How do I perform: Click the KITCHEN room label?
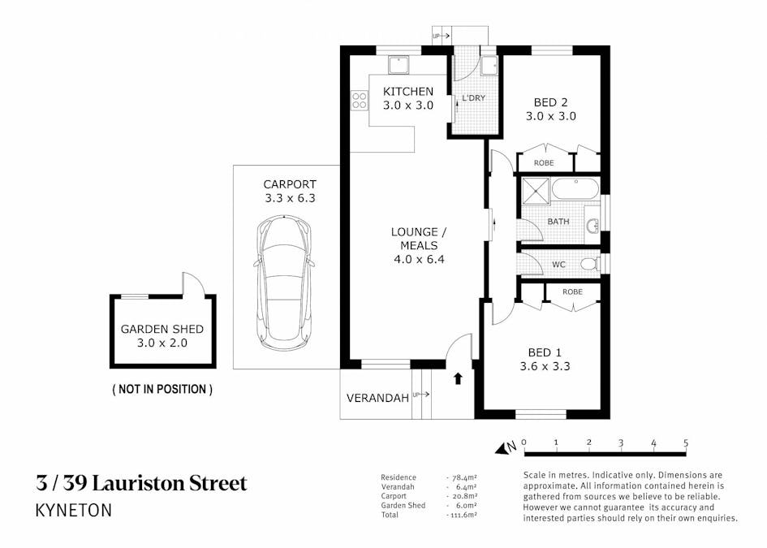coord(408,91)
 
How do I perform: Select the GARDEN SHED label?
coord(162,329)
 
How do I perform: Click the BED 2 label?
coord(550,102)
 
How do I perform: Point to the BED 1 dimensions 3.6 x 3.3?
coord(550,366)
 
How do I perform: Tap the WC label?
coord(558,265)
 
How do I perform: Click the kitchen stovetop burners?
coord(358,101)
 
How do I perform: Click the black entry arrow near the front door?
coord(458,378)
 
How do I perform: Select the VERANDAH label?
coord(377,399)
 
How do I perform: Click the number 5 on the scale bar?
coord(687,442)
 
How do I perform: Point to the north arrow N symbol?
coord(511,447)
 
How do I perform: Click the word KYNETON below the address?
coord(73,511)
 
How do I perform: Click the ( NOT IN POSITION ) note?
coord(162,389)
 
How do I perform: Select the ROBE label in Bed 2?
coord(544,163)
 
